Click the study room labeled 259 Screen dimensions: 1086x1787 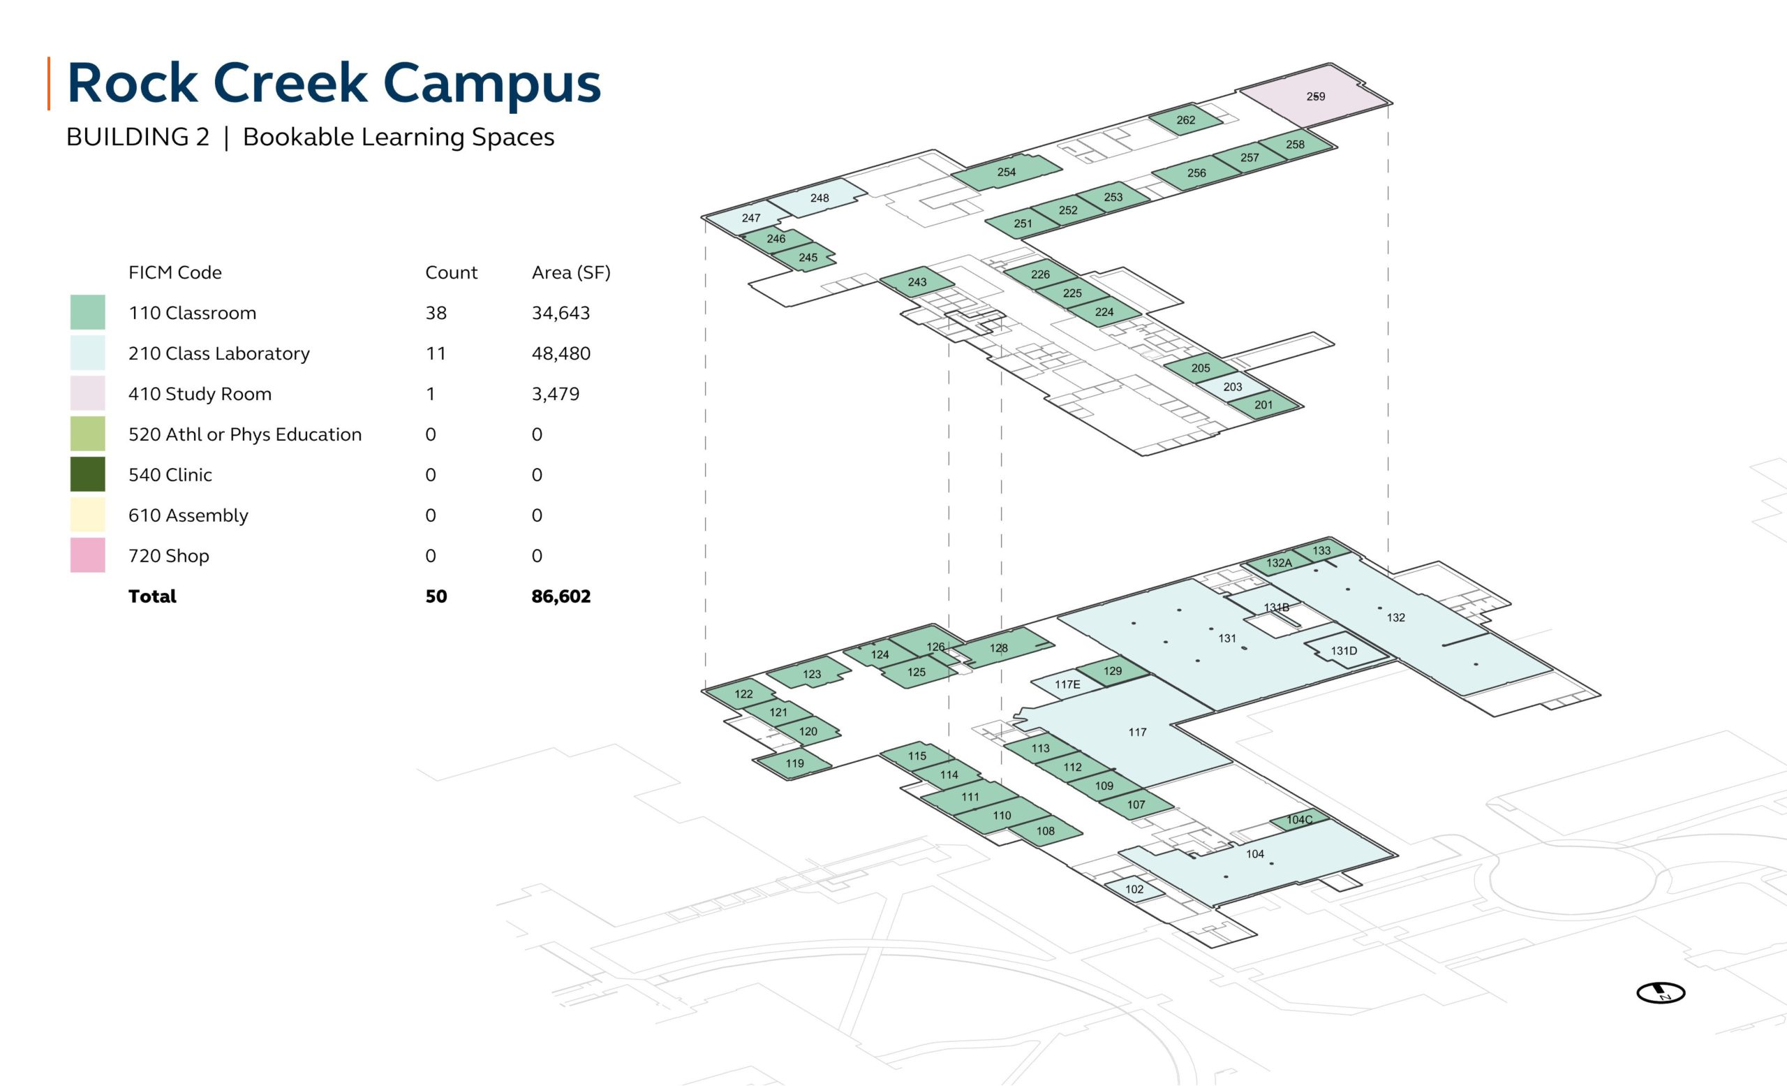click(1315, 96)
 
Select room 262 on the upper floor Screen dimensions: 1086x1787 click(1185, 120)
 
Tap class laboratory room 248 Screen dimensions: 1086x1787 click(819, 198)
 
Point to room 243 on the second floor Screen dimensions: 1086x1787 click(917, 282)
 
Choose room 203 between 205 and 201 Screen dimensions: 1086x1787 click(1232, 388)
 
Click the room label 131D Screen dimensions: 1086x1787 click(1343, 651)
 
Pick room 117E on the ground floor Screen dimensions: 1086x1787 click(1067, 685)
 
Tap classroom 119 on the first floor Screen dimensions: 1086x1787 click(794, 764)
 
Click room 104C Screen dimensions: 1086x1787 click(1299, 820)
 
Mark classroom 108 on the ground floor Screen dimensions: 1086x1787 click(1045, 831)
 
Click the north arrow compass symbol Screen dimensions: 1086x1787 click(1660, 992)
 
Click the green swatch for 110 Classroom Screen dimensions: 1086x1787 click(88, 313)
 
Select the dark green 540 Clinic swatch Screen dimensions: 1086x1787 click(88, 474)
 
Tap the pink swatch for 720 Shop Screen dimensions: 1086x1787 click(88, 556)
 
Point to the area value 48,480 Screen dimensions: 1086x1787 click(561, 353)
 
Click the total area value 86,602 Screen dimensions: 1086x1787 click(561, 596)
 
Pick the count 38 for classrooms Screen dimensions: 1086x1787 click(436, 313)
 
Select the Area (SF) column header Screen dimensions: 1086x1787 click(571, 273)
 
